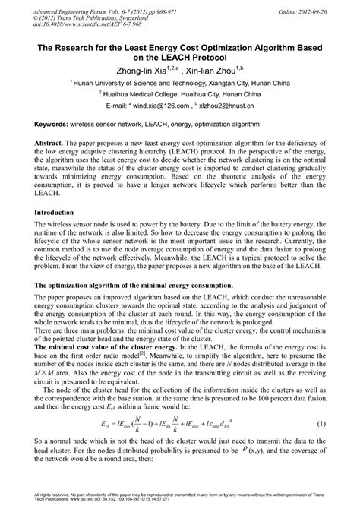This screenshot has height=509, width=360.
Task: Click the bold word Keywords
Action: click(x=52, y=122)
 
